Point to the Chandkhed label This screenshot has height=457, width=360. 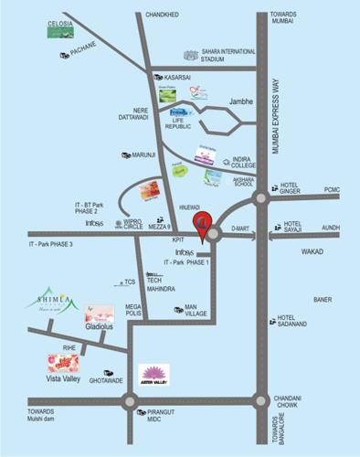[164, 15]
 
